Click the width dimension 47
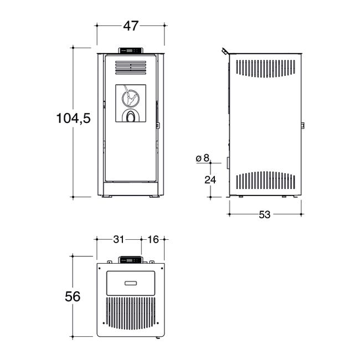coord(131,25)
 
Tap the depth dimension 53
coord(264,214)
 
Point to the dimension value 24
coord(210,180)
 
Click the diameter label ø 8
coord(203,158)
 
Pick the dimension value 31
coord(119,239)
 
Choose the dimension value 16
coord(153,239)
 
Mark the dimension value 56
coord(73,296)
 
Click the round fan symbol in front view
coord(131,97)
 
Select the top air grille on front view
coord(131,67)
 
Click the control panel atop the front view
coord(131,51)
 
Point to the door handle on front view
coord(158,125)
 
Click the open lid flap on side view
coord(224,52)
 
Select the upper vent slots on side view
coord(265,68)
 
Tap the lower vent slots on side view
coord(265,180)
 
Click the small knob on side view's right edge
coord(302,126)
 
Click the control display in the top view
coord(131,260)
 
